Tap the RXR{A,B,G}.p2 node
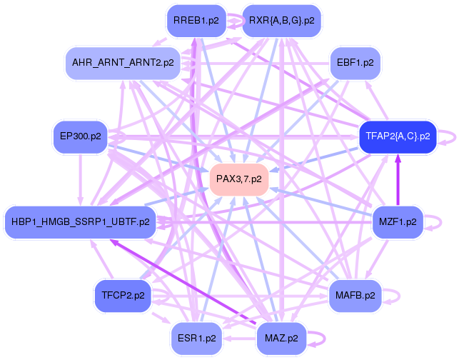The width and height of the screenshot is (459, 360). (x=282, y=21)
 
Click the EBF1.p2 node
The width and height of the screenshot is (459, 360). (x=355, y=63)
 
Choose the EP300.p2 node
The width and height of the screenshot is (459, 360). (x=80, y=136)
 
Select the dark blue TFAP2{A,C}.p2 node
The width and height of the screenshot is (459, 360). (x=398, y=135)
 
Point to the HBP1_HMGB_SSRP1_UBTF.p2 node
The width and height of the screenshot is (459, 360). (x=81, y=222)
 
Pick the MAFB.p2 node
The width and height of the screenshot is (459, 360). (x=355, y=294)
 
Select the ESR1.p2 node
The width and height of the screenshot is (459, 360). (x=196, y=334)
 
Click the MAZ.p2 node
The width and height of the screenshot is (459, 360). (x=281, y=335)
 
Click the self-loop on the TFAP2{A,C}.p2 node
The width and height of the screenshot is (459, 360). (x=447, y=135)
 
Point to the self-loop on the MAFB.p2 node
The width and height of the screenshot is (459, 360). (x=393, y=294)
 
